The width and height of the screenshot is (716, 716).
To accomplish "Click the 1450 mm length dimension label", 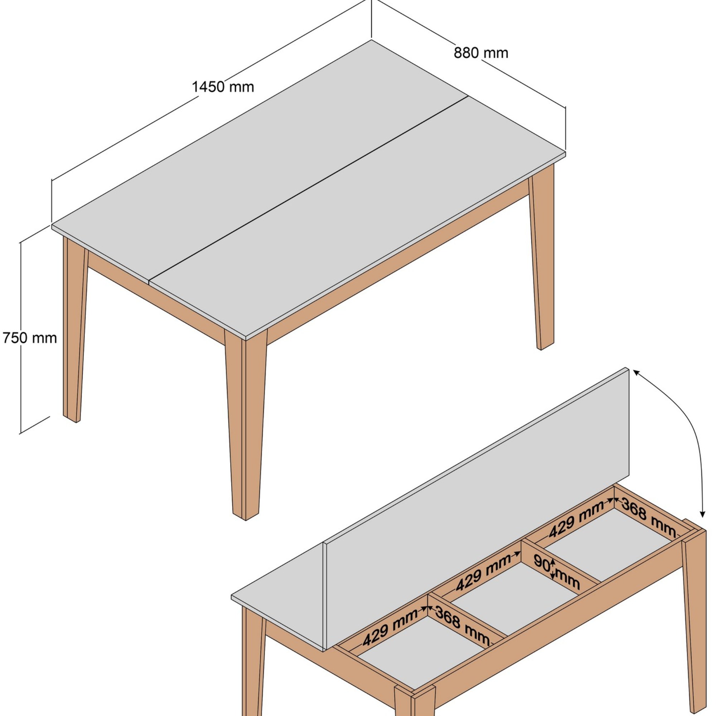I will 223,87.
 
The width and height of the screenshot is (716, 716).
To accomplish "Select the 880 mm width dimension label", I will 481,53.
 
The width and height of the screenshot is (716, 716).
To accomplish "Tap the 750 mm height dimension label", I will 30,338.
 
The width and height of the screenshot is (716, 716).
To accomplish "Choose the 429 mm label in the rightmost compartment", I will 577,520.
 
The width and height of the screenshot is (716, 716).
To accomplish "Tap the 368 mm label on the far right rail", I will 649,517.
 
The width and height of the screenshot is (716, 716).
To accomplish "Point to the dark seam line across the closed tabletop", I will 308,189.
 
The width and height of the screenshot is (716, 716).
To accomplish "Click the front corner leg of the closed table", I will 245,426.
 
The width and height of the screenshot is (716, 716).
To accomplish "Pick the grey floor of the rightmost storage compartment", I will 608,548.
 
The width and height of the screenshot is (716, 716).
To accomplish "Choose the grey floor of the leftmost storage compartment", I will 419,660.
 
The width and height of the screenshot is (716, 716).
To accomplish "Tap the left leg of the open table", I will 254,667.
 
